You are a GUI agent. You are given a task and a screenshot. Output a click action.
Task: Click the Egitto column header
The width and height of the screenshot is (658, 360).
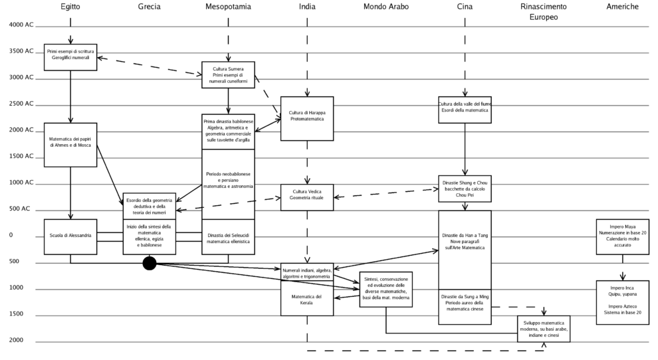(x=70, y=6)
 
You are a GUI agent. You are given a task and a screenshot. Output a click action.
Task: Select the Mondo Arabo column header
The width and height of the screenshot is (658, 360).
(x=386, y=6)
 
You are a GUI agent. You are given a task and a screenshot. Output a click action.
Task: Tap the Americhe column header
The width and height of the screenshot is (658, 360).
(x=622, y=6)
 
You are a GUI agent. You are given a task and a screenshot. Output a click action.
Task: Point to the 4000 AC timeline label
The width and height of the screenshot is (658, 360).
(x=20, y=25)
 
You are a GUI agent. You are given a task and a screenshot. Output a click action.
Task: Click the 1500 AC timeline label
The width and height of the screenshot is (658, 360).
(x=20, y=156)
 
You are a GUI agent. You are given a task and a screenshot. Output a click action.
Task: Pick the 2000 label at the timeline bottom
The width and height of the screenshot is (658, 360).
(x=16, y=340)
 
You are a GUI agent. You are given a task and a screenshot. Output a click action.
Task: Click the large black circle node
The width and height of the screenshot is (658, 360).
(x=150, y=264)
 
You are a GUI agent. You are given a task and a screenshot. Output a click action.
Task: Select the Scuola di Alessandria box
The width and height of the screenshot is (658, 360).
(x=70, y=236)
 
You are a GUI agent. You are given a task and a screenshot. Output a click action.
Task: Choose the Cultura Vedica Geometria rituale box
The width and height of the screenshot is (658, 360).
(x=306, y=197)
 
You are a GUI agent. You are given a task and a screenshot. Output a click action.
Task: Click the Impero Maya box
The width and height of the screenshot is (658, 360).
(x=622, y=236)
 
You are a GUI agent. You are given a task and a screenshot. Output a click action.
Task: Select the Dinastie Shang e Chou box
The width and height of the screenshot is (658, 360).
(x=465, y=189)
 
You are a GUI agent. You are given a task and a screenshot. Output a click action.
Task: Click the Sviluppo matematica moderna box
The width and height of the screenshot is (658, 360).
(x=543, y=329)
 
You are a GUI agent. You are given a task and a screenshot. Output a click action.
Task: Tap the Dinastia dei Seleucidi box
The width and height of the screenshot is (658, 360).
(x=228, y=237)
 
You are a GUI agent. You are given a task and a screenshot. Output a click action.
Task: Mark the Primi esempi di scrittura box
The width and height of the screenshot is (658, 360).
(x=70, y=54)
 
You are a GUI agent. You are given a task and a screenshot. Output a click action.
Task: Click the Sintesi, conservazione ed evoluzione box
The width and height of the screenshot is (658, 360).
(x=386, y=290)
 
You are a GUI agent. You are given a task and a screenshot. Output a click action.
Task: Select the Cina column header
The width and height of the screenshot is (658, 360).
(x=465, y=6)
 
